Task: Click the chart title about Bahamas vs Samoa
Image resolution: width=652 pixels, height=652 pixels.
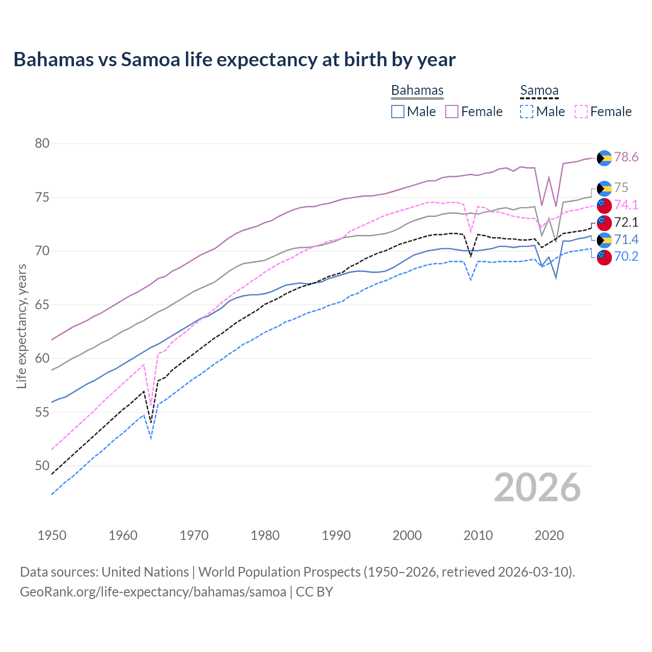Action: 234,60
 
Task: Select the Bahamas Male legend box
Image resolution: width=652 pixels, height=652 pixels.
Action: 398,112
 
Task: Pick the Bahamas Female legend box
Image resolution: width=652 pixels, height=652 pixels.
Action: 452,112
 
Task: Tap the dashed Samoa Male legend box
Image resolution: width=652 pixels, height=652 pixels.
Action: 527,112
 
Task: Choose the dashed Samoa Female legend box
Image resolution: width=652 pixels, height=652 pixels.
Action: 581,112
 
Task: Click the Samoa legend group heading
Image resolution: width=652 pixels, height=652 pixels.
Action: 539,91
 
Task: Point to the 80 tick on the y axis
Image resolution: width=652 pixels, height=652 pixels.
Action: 42,143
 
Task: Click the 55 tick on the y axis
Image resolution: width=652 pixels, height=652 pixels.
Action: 42,412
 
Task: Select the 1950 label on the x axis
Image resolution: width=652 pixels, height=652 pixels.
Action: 52,535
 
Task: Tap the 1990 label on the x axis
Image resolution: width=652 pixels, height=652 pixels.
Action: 336,535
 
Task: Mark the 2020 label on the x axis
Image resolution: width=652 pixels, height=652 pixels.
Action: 549,535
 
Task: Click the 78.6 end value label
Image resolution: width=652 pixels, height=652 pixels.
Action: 626,157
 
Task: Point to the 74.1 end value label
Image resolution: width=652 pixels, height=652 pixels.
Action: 626,205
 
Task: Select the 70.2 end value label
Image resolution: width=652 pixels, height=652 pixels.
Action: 626,256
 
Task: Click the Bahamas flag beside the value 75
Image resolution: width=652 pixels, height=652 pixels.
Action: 604,188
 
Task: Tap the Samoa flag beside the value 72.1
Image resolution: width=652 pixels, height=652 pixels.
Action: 604,223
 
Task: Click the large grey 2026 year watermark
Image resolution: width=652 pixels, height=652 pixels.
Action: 537,487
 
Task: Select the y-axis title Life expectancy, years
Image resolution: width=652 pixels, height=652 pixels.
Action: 21,326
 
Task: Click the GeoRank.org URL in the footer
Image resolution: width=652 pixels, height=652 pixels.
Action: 153,592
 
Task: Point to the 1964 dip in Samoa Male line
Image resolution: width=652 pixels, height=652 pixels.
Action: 151,438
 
